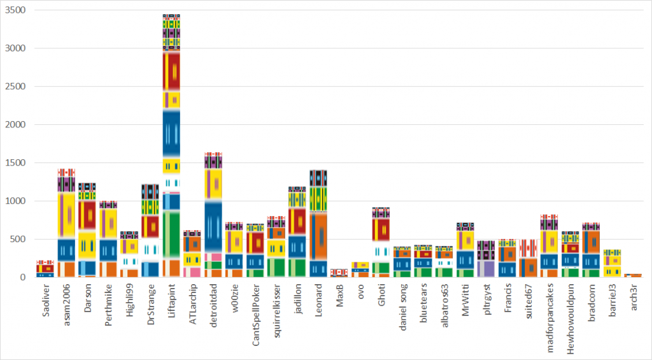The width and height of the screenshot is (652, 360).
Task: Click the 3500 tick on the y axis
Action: point(15,10)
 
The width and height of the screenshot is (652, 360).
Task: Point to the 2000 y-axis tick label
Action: point(15,124)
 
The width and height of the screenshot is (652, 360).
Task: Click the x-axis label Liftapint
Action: point(172,301)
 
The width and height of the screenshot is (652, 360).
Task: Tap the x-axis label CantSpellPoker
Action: point(256,315)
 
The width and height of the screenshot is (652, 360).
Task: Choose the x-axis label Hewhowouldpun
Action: point(570,319)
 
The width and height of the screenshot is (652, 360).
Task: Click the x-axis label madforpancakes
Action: point(549,318)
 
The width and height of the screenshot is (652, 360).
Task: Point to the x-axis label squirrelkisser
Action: point(277,310)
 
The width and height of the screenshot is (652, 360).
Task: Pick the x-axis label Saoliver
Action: point(46,301)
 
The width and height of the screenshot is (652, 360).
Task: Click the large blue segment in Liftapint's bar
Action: point(171,133)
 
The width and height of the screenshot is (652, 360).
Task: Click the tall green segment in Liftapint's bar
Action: point(171,234)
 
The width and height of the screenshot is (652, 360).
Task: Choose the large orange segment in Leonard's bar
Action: point(318,236)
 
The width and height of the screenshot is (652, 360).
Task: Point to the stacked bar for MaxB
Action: point(339,273)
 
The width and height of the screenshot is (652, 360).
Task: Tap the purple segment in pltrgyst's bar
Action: point(486,268)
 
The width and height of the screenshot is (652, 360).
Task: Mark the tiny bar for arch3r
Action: point(633,275)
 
